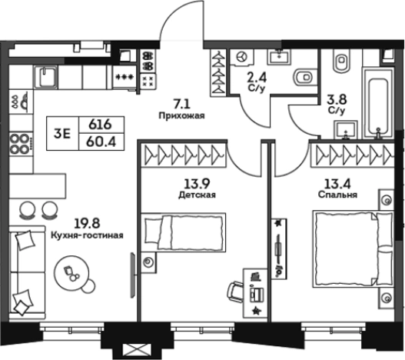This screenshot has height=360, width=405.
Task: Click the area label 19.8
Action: point(87,224)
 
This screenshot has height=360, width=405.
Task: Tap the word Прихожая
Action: point(181,115)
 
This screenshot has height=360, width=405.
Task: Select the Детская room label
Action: point(197,195)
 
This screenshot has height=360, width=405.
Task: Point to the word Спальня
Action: point(337,195)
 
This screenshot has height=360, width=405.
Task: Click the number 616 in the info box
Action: point(100,125)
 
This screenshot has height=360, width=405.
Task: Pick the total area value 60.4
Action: point(101,142)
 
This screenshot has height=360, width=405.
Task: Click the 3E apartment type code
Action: point(62,134)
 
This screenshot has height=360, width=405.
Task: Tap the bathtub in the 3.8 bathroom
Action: point(378,103)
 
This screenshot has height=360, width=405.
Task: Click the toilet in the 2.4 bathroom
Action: point(305,77)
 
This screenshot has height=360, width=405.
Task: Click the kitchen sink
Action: point(46,77)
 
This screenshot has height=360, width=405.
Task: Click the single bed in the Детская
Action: point(183,232)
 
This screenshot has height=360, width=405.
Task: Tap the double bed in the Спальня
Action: point(353,248)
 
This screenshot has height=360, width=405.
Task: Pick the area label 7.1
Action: point(181,105)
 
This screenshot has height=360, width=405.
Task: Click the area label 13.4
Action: point(337,184)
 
